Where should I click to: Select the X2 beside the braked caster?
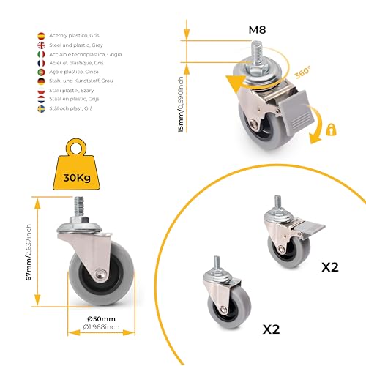tap(331, 267)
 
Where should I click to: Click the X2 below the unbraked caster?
tap(272, 329)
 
